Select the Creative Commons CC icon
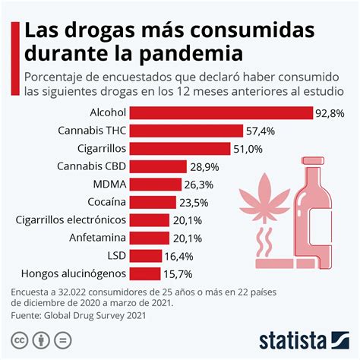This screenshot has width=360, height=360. point(19,339)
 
